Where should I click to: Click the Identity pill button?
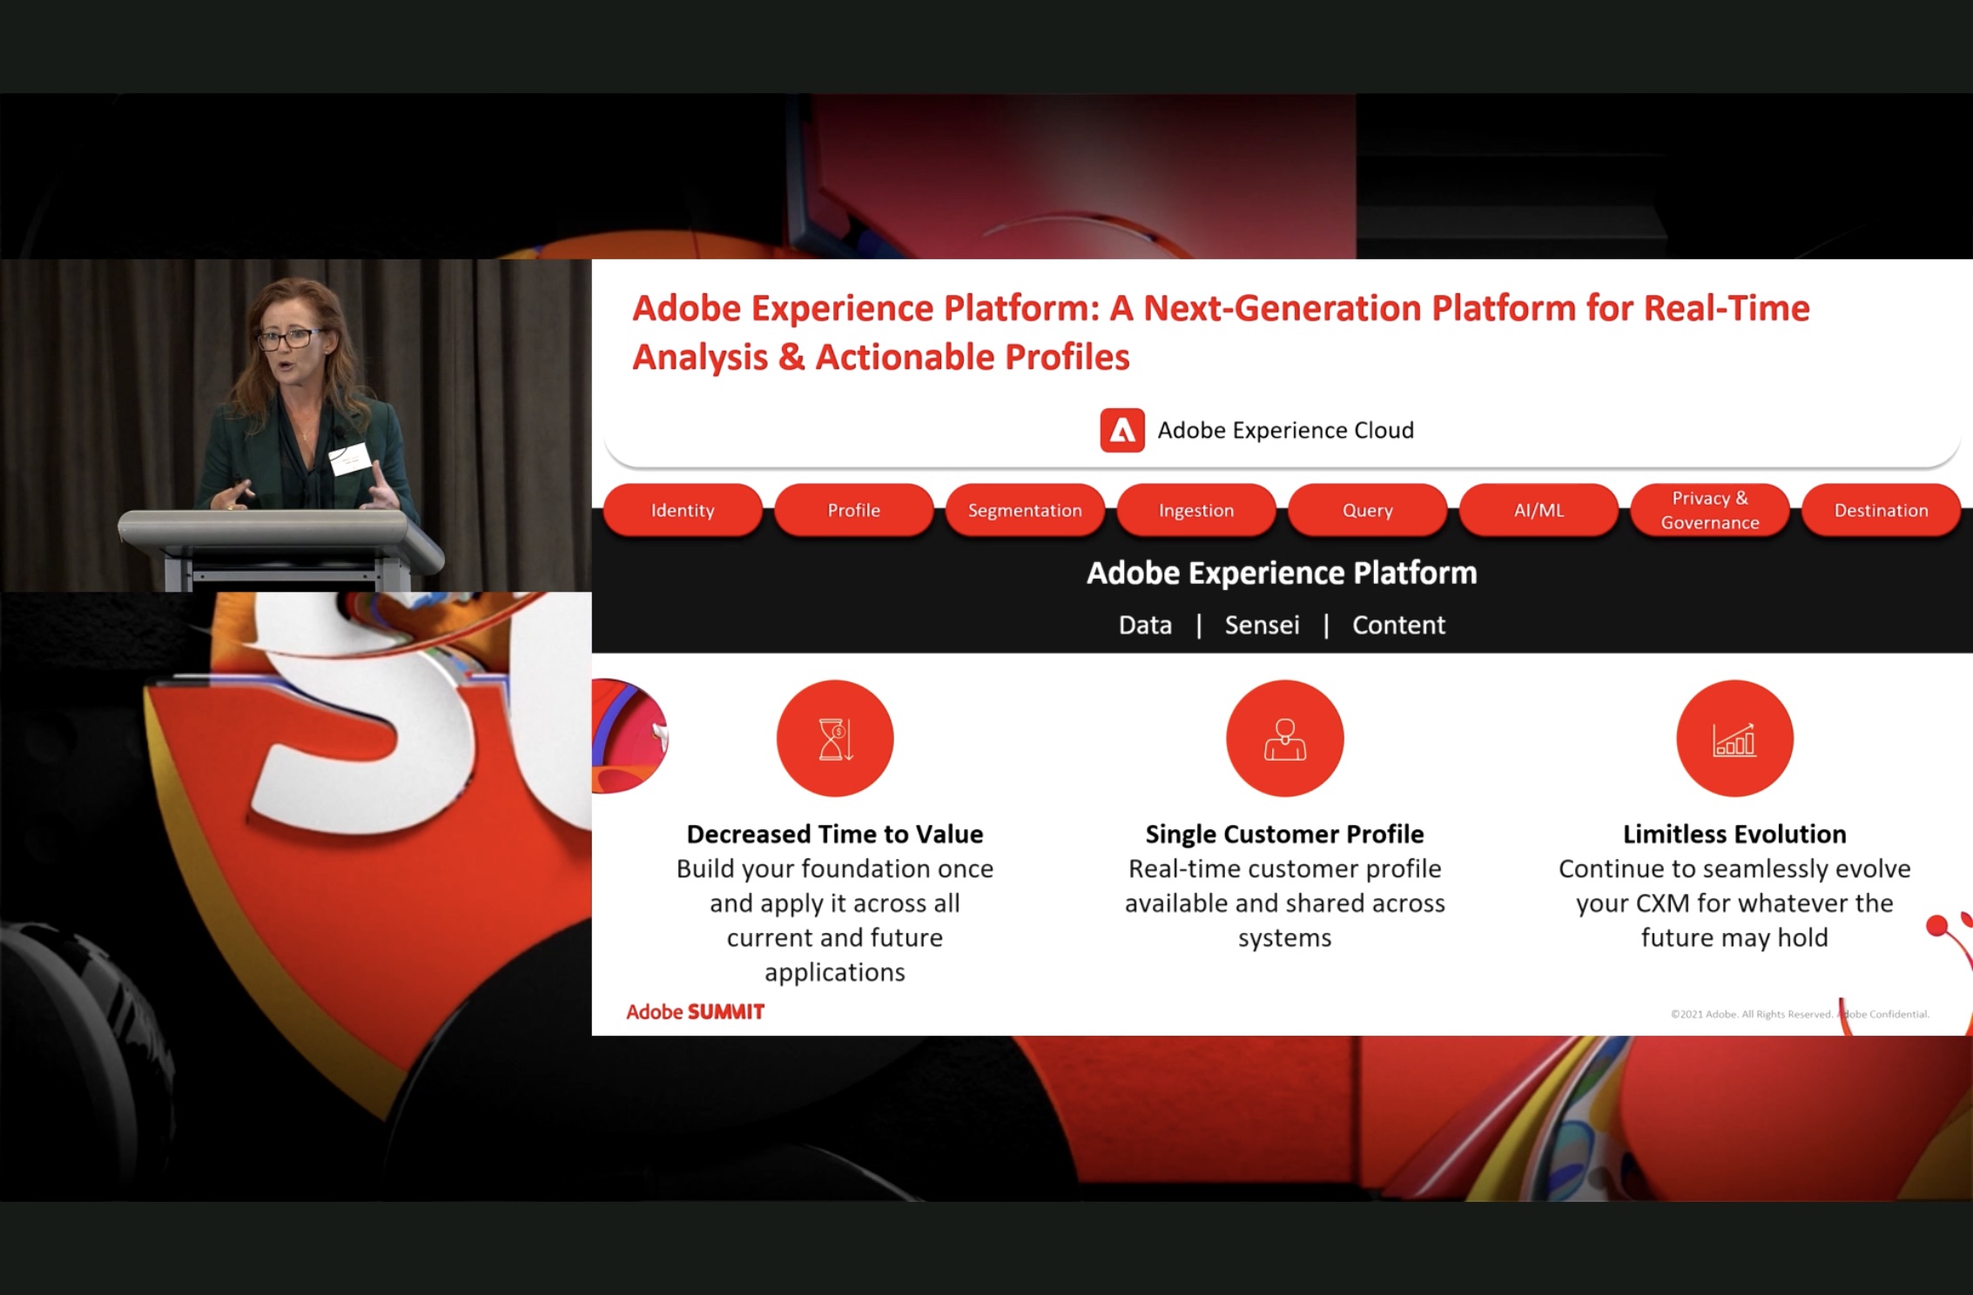point(683,510)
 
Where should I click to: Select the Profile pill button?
point(853,510)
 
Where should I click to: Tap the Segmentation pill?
point(1025,510)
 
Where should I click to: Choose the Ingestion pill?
point(1196,510)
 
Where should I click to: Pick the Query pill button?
point(1367,510)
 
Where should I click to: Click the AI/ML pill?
point(1539,510)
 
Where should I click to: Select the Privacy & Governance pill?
point(1710,510)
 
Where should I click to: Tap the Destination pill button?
point(1881,510)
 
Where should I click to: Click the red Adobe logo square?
point(1122,430)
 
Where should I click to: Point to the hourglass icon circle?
point(835,738)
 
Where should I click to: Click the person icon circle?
point(1285,738)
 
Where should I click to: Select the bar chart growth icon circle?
point(1734,738)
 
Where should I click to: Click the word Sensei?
point(1262,625)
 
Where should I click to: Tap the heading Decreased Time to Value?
point(835,834)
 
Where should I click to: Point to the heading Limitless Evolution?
point(1734,834)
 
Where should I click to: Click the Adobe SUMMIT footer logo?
point(695,1011)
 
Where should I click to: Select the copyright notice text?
point(1800,1014)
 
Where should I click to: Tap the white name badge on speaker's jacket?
point(350,459)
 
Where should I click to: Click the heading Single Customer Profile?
point(1285,834)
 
